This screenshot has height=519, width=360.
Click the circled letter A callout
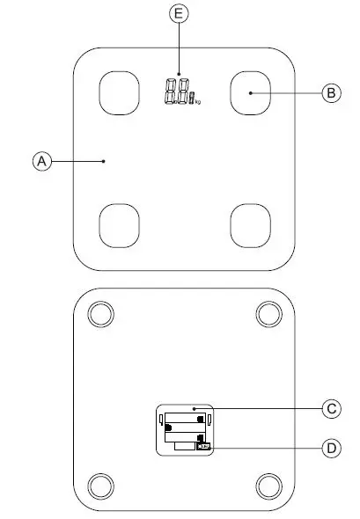(40, 161)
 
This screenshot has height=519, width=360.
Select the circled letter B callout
(330, 92)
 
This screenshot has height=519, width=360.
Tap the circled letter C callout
(330, 408)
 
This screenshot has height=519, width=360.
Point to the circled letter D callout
(330, 448)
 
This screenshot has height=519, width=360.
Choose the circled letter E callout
(179, 13)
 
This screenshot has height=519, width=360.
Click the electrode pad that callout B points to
(249, 91)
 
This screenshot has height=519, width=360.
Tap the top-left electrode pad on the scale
(118, 91)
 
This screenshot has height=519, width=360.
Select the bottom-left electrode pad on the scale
(118, 226)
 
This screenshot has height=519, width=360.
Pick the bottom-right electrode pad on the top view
(249, 226)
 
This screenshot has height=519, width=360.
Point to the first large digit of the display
(170, 92)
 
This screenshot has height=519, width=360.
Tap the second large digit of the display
(182, 92)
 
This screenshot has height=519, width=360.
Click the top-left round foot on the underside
(99, 314)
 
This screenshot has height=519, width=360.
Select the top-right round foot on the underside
(268, 314)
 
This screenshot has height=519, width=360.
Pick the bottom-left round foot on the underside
(99, 485)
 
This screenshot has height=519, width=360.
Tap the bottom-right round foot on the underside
(268, 485)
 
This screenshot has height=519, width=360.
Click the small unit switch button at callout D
(204, 447)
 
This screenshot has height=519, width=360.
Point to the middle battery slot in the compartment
(185, 431)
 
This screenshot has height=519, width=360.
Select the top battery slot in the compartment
(185, 415)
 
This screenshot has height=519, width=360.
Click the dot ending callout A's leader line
(104, 161)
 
